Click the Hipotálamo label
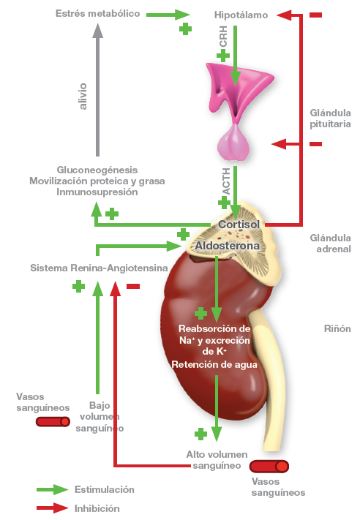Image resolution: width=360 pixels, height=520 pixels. click(x=241, y=15)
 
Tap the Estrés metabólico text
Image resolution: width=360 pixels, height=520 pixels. click(x=97, y=13)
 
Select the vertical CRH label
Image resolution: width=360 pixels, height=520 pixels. click(x=223, y=37)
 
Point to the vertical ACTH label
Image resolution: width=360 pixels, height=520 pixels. click(x=226, y=181)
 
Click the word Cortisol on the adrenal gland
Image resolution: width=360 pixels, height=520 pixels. click(x=239, y=225)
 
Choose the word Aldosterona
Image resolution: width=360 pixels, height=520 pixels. click(x=228, y=246)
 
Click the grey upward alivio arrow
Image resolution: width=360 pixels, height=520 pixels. click(x=97, y=89)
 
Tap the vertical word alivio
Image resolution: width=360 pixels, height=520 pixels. click(x=83, y=96)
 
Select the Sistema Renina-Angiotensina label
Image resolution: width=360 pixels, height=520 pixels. click(x=99, y=268)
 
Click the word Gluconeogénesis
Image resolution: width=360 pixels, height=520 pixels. click(x=97, y=170)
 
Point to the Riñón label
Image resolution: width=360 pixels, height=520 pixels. click(x=337, y=328)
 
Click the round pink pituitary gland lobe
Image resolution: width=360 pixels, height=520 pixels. click(x=233, y=143)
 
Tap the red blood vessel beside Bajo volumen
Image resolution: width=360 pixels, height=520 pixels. click(x=53, y=422)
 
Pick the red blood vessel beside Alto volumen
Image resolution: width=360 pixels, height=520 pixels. click(x=269, y=467)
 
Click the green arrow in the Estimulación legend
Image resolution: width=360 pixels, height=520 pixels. click(x=52, y=489)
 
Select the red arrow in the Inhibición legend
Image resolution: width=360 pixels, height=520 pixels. click(x=52, y=508)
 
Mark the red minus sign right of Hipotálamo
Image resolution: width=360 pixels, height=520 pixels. click(x=315, y=15)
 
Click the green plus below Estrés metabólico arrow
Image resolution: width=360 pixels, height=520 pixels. click(x=185, y=29)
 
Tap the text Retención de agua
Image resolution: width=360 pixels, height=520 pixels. click(x=214, y=364)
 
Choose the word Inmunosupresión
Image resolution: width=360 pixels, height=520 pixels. click(x=97, y=192)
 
